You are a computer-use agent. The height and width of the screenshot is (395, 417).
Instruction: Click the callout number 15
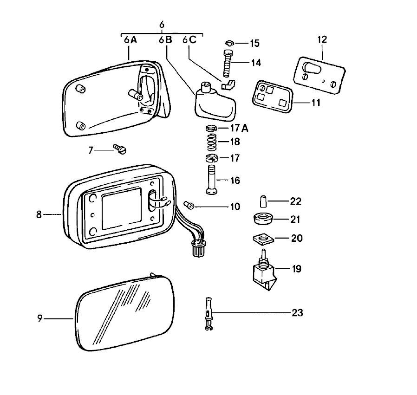click(254, 44)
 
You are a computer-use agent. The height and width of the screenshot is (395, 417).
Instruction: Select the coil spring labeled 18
click(212, 142)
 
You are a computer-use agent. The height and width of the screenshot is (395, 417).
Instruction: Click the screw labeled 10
click(189, 205)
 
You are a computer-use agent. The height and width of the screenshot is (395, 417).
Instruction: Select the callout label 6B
click(165, 40)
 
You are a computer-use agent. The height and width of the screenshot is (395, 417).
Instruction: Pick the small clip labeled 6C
click(228, 85)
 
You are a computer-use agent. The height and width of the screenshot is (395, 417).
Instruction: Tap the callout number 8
click(39, 214)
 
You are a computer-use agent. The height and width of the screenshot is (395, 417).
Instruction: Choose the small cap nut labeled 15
click(229, 43)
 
